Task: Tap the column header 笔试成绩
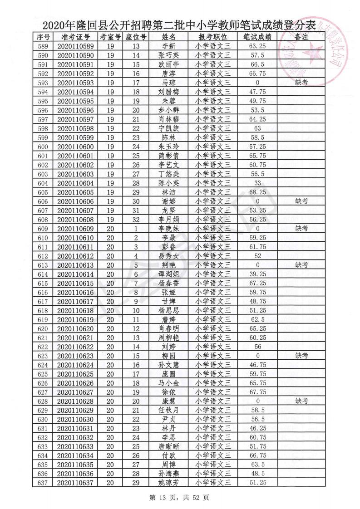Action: pyautogui.click(x=257, y=37)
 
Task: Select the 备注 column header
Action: pyautogui.click(x=301, y=37)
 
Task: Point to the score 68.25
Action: pyautogui.click(x=257, y=192)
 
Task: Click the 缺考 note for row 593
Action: pyautogui.click(x=301, y=82)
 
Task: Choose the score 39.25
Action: pyautogui.click(x=257, y=274)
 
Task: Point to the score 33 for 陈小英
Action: pyautogui.click(x=257, y=183)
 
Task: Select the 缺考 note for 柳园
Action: pyautogui.click(x=301, y=356)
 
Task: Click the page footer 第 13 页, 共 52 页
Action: pyautogui.click(x=180, y=497)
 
